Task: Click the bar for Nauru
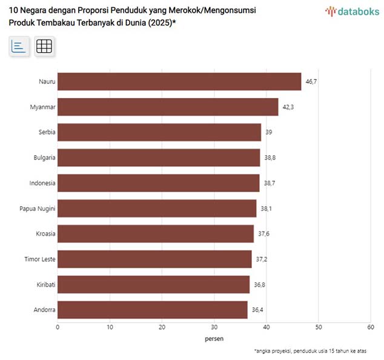(179, 82)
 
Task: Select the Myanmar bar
(168, 107)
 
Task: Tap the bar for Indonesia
(159, 183)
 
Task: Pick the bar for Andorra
(153, 310)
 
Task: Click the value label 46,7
(310, 82)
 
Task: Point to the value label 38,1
(265, 208)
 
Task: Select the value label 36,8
(259, 285)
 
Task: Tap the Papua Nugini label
(38, 208)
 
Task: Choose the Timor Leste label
(40, 259)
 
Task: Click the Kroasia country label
(45, 234)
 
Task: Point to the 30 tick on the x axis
(214, 327)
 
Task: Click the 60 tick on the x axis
(371, 327)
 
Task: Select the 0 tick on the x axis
(58, 327)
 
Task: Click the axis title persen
(214, 339)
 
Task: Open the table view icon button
(44, 46)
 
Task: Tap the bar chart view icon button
(19, 46)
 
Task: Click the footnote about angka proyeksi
(310, 351)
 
